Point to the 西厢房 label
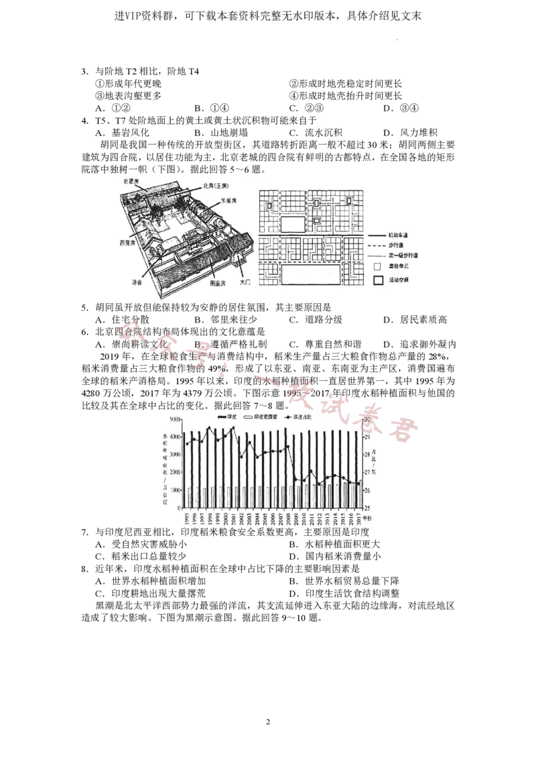pos(129,243)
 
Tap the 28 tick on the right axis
pos(366,455)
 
